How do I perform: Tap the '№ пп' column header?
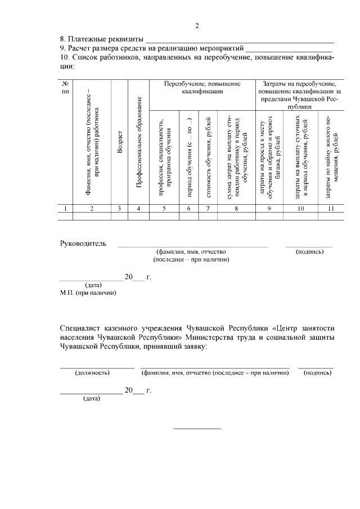click(66, 88)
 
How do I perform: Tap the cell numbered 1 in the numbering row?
click(66, 209)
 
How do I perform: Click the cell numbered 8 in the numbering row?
click(236, 209)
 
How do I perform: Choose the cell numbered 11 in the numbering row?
click(331, 209)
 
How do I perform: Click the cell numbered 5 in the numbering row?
click(164, 209)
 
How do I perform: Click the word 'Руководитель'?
click(83, 244)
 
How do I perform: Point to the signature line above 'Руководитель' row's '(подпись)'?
click(309, 246)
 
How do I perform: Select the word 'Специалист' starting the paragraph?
click(81, 328)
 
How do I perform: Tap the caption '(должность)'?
click(92, 372)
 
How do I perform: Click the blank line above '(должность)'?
click(97, 368)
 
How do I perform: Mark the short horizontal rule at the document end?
click(197, 429)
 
